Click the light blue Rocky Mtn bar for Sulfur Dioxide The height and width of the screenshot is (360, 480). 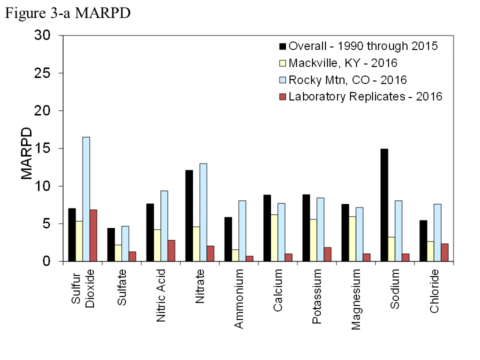click(x=86, y=199)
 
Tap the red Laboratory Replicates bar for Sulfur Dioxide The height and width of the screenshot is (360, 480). click(x=93, y=235)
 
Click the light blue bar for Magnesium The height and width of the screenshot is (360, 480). click(x=359, y=234)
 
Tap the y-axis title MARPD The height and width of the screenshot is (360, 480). click(x=26, y=153)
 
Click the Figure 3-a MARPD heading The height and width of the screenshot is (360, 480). click(x=67, y=13)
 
